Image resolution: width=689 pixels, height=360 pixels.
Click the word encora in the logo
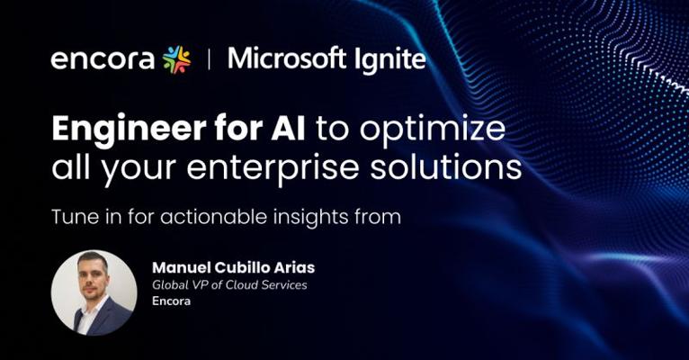pyautogui.click(x=103, y=60)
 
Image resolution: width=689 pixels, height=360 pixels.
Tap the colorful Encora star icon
pyautogui.click(x=176, y=59)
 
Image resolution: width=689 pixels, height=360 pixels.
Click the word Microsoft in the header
pyautogui.click(x=287, y=58)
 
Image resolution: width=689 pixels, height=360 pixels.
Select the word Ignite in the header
pyautogui.click(x=390, y=60)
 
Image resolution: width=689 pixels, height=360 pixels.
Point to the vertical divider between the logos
pyautogui.click(x=209, y=59)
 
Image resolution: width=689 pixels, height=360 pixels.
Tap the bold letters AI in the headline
pyautogui.click(x=288, y=128)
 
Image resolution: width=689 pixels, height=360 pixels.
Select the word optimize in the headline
pyautogui.click(x=433, y=130)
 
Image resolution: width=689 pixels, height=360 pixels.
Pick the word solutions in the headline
pyautogui.click(x=445, y=166)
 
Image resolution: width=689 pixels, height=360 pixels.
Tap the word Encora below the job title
pyautogui.click(x=172, y=301)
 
